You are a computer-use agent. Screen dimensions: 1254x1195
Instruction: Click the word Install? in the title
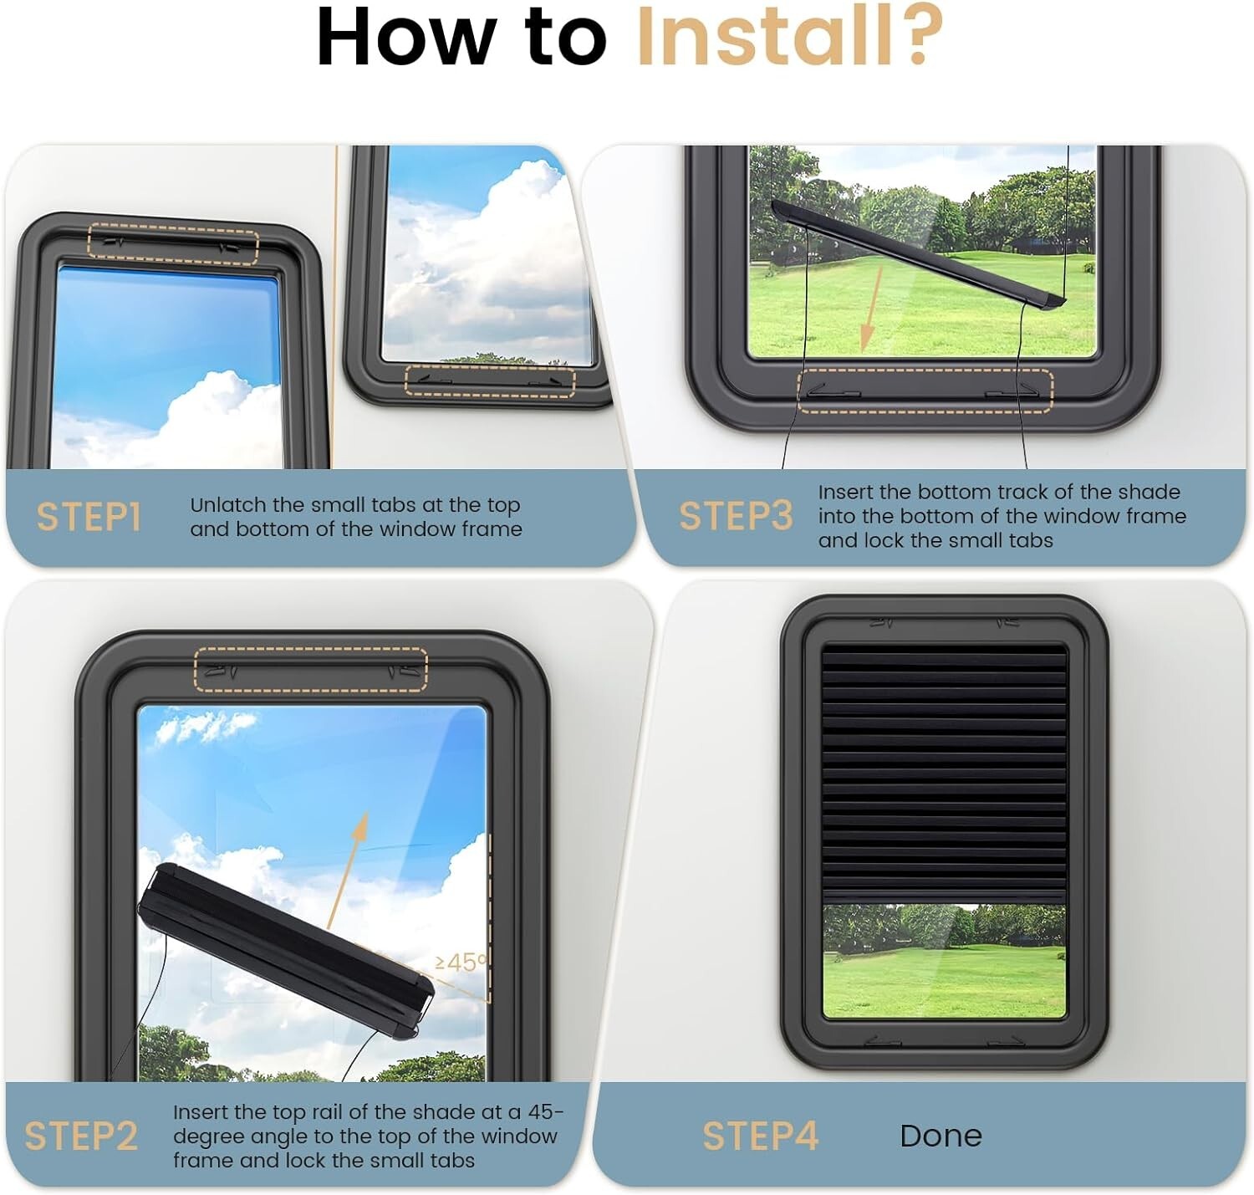point(790,36)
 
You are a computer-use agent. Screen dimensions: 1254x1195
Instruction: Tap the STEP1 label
point(88,517)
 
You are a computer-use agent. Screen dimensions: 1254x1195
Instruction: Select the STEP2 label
point(81,1136)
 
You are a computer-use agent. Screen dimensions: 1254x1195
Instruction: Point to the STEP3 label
point(736,515)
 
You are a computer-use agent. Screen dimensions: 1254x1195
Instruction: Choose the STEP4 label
point(760,1136)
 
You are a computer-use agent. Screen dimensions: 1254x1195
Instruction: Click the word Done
point(940,1136)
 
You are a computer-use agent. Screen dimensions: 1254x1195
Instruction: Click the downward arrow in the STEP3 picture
point(871,309)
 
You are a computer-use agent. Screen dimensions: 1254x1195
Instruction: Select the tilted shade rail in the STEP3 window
point(919,254)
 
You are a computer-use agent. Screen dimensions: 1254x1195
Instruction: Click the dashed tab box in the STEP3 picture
point(925,390)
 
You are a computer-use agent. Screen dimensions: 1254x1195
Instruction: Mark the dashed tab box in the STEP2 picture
point(311,669)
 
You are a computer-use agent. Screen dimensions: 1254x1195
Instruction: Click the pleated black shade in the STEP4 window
point(944,774)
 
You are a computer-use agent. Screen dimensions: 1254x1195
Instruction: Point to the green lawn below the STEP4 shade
point(944,982)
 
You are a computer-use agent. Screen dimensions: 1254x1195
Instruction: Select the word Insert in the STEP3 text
point(846,492)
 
